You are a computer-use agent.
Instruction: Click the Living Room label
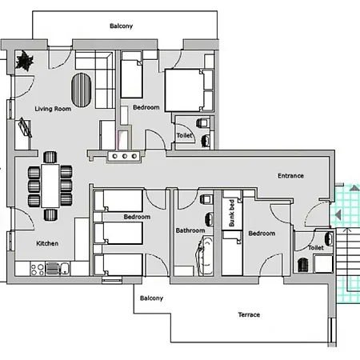53,109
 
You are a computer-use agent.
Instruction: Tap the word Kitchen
47,243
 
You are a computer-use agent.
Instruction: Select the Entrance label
290,176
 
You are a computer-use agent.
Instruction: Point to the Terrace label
249,314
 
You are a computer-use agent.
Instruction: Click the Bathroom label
190,230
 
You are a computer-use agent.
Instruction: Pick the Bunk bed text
232,213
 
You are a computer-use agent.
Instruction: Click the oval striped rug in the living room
81,90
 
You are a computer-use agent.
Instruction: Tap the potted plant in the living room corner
25,61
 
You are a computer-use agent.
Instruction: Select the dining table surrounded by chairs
50,186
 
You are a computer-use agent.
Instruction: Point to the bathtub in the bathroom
205,256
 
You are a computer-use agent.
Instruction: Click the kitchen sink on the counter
65,269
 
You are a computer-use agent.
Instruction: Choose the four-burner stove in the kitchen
38,269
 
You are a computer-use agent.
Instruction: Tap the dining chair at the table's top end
50,157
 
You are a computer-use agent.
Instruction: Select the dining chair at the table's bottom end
50,214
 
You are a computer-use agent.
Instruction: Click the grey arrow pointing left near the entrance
338,214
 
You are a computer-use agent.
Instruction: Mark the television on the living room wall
26,127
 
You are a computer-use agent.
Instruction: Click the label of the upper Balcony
121,26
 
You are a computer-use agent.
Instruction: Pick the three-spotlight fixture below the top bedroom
125,156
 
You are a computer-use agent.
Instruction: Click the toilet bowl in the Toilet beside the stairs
302,265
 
